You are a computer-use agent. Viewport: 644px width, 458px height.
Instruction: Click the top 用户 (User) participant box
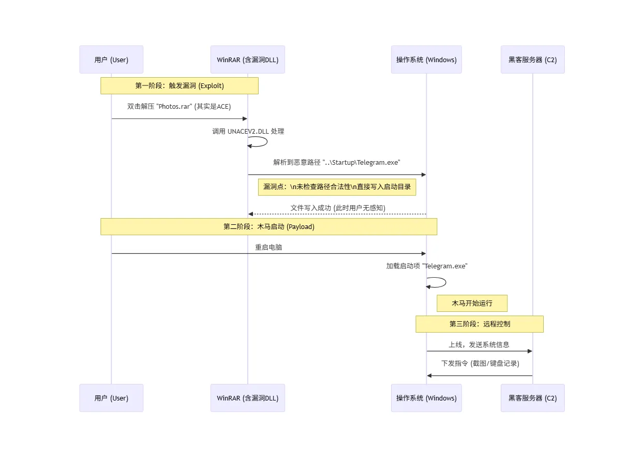pos(111,60)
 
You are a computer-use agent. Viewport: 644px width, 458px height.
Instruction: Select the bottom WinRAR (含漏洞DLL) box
pos(247,398)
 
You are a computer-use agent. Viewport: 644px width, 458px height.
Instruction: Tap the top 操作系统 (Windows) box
pos(426,60)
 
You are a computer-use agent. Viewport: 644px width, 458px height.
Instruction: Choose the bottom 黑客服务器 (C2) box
pos(532,398)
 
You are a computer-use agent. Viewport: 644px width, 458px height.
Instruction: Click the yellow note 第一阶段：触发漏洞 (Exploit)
pos(179,85)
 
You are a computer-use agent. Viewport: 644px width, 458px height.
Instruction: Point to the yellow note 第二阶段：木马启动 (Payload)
pos(268,226)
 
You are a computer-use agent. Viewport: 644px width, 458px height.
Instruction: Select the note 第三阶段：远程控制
pos(480,324)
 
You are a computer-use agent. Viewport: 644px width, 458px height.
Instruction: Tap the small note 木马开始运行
pos(472,303)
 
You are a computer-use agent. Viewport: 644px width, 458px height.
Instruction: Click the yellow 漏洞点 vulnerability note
pos(337,187)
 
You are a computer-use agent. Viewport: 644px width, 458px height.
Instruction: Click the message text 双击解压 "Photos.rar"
pos(179,107)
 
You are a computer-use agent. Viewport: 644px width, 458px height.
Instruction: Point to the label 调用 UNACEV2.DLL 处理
pos(248,132)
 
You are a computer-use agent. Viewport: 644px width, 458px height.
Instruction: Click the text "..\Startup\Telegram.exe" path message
pos(337,162)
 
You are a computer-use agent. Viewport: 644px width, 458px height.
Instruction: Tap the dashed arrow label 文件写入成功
pos(338,208)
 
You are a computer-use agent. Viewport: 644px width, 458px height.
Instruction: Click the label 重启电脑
pos(268,247)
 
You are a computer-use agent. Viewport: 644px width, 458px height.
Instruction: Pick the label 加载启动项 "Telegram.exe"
pos(427,266)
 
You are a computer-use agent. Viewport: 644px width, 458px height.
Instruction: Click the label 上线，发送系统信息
pos(479,345)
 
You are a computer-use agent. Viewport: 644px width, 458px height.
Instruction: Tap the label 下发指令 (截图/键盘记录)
pos(480,364)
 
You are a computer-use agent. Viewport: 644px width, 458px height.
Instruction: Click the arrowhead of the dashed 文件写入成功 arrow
pos(250,214)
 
